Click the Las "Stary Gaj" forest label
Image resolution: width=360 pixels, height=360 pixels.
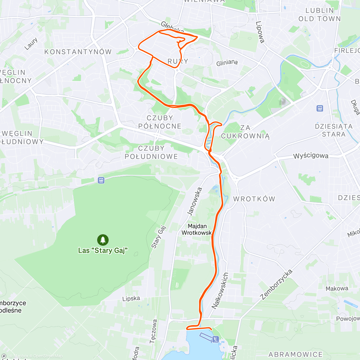click(103, 250)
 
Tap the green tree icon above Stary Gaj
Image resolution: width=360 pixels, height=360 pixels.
click(103, 240)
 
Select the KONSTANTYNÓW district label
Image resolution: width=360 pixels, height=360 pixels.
click(78, 52)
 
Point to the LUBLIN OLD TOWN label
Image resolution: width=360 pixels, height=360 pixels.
click(319, 15)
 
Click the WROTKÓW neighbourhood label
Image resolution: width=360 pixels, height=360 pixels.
click(254, 199)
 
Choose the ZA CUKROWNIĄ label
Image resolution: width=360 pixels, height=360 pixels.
click(245, 132)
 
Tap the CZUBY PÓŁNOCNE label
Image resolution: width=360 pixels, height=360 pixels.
click(160, 122)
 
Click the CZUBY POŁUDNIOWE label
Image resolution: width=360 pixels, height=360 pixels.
click(151, 152)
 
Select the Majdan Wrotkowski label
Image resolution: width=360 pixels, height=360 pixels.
click(197, 229)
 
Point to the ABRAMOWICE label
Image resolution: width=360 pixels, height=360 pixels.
click(295, 355)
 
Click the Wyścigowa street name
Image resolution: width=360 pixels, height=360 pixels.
click(311, 156)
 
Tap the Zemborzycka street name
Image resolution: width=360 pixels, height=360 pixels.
click(276, 285)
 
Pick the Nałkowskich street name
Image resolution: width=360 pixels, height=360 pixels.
click(220, 291)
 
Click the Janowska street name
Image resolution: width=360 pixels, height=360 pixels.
click(194, 201)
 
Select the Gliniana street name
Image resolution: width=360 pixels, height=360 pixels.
click(227, 63)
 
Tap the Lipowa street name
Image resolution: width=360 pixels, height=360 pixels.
click(260, 32)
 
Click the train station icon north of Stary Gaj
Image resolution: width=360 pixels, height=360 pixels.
click(101, 180)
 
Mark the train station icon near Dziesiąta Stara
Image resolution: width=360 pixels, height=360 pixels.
click(320, 108)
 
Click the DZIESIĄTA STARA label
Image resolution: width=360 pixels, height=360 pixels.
click(334, 130)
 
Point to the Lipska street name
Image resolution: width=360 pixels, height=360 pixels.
click(131, 298)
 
